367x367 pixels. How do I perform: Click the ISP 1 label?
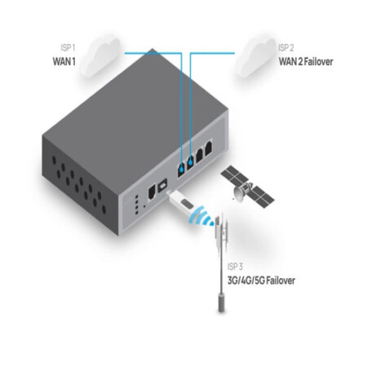click(68, 48)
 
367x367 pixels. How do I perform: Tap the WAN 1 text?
click(64, 62)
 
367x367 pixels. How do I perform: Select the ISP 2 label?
click(286, 48)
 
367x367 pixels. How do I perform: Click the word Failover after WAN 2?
click(318, 62)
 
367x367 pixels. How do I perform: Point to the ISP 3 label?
click(235, 267)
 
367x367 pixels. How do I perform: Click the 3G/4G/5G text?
click(245, 281)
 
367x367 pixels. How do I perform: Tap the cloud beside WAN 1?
click(100, 56)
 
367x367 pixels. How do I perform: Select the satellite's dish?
click(239, 194)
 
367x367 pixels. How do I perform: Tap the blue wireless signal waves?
click(201, 217)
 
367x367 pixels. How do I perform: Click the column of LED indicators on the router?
click(137, 204)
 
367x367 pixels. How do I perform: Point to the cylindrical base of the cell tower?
click(222, 302)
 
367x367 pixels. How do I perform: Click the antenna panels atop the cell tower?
click(222, 231)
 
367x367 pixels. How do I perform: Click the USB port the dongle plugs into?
click(163, 185)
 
